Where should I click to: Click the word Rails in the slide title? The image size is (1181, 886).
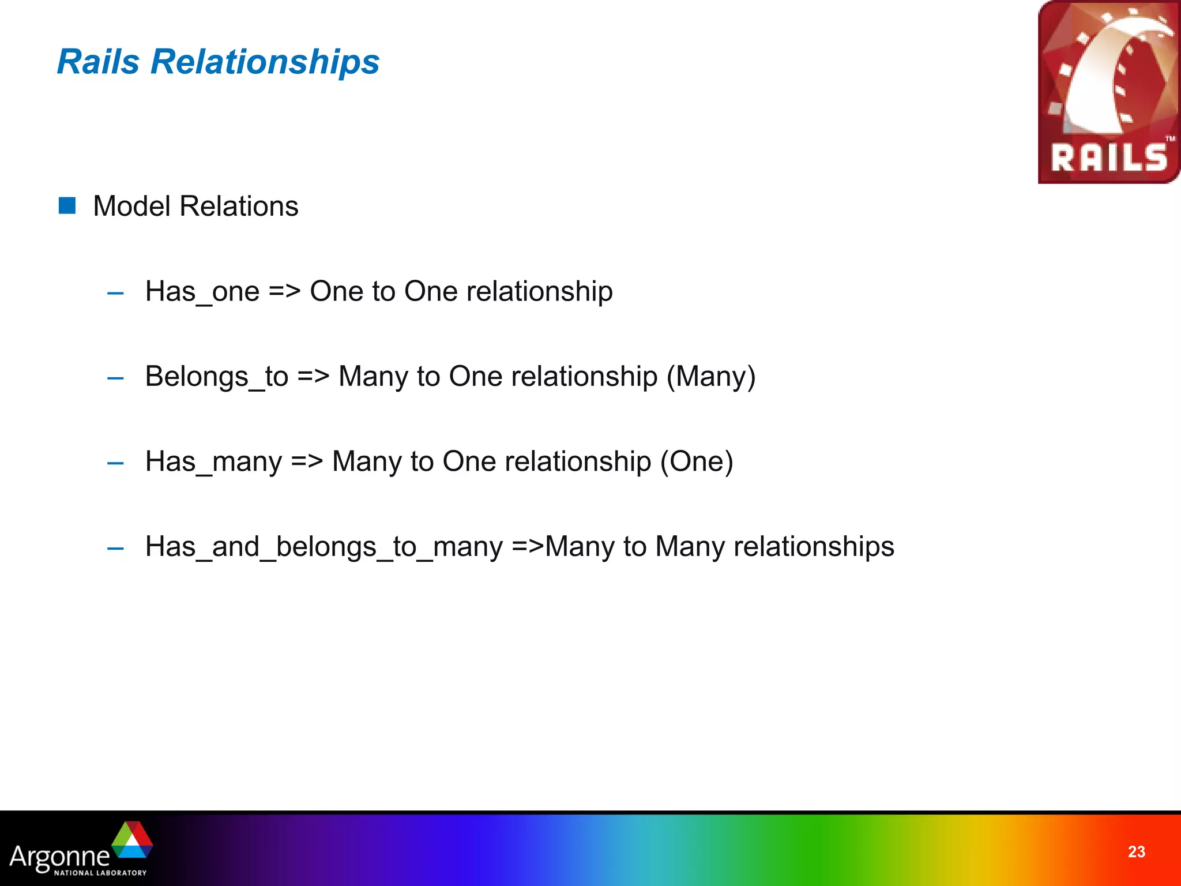99,61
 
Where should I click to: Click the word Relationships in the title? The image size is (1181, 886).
265,62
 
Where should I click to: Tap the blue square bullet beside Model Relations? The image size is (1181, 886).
67,205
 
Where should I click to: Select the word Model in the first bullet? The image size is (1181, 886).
132,207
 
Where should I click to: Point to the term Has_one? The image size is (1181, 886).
202,292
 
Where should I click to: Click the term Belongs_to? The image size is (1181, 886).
216,377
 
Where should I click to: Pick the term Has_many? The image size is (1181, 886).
213,462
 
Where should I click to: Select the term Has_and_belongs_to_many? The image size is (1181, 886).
324,547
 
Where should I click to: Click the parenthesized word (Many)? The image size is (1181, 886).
710,377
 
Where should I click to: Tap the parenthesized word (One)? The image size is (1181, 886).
697,462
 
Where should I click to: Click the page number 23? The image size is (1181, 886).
1136,851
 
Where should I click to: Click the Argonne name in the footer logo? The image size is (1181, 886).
59,856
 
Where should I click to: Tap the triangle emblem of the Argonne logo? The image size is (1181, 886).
133,839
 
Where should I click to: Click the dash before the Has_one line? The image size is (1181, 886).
115,294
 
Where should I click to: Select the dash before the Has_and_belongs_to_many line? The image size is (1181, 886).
115,549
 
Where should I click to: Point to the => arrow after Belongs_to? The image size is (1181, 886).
313,377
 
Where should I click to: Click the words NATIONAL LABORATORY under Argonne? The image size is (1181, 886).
100,873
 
